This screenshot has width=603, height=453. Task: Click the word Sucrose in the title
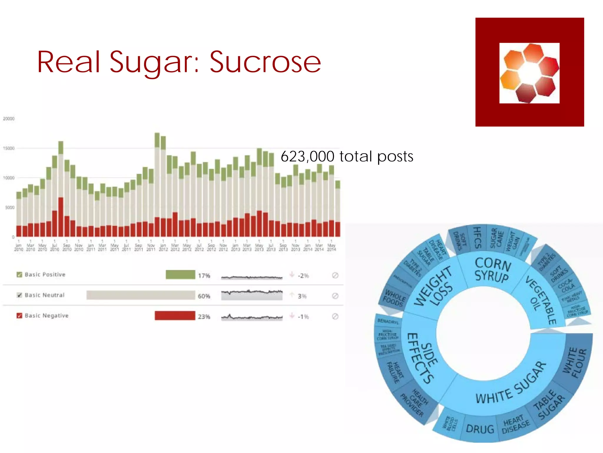[x=265, y=63]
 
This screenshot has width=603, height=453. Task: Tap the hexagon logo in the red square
[x=529, y=73]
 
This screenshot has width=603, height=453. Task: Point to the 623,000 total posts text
[x=347, y=156]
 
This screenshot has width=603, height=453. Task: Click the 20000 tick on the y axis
[x=9, y=119]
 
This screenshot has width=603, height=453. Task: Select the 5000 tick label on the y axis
[x=9, y=207]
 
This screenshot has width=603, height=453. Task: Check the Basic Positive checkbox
[x=19, y=275]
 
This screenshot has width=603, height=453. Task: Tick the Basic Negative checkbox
[x=19, y=316]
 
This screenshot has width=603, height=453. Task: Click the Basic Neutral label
[x=44, y=295]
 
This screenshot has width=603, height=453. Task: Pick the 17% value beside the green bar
[x=204, y=275]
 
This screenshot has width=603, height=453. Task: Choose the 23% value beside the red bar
[x=204, y=316]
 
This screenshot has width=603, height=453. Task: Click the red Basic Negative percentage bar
[x=175, y=316]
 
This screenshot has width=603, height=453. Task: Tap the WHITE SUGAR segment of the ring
[x=511, y=383]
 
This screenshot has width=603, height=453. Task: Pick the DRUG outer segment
[x=480, y=429]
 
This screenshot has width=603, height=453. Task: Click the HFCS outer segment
[x=478, y=238]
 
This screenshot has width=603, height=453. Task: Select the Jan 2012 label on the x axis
[x=163, y=247]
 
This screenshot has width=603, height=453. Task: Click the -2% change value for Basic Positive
[x=303, y=276]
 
